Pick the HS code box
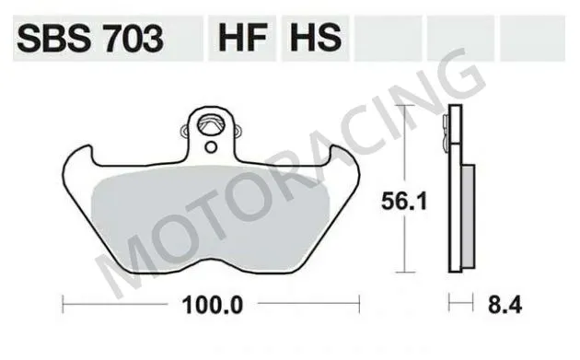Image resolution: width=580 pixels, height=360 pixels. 315,39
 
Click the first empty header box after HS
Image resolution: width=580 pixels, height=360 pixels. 388,39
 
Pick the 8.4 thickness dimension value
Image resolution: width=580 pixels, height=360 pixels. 493,302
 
